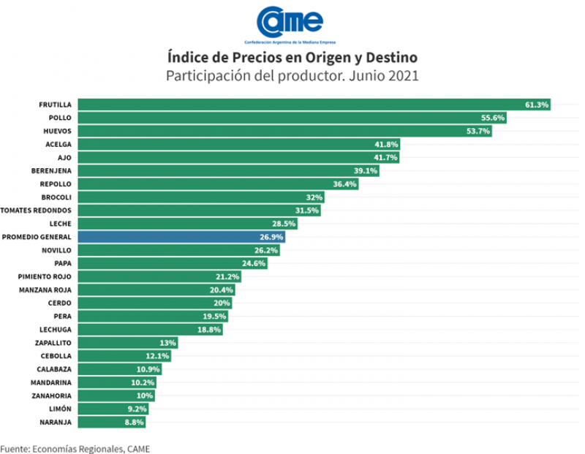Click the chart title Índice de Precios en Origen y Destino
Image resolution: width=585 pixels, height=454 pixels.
[292, 56]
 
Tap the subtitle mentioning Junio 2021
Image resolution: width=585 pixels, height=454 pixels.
[292, 75]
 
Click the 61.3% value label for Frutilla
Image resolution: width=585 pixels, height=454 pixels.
[537, 105]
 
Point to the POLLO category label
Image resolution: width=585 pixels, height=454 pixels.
[60, 118]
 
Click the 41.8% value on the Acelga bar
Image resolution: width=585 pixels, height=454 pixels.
[385, 145]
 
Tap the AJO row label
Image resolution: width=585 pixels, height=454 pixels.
[64, 158]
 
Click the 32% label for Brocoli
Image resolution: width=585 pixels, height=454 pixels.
[314, 197]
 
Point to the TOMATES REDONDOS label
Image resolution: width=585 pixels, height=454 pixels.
[38, 211]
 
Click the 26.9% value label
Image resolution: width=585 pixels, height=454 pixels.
[271, 237]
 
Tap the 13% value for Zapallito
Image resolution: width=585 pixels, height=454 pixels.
[167, 342]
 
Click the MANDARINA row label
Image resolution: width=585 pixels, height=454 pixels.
[51, 382]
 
